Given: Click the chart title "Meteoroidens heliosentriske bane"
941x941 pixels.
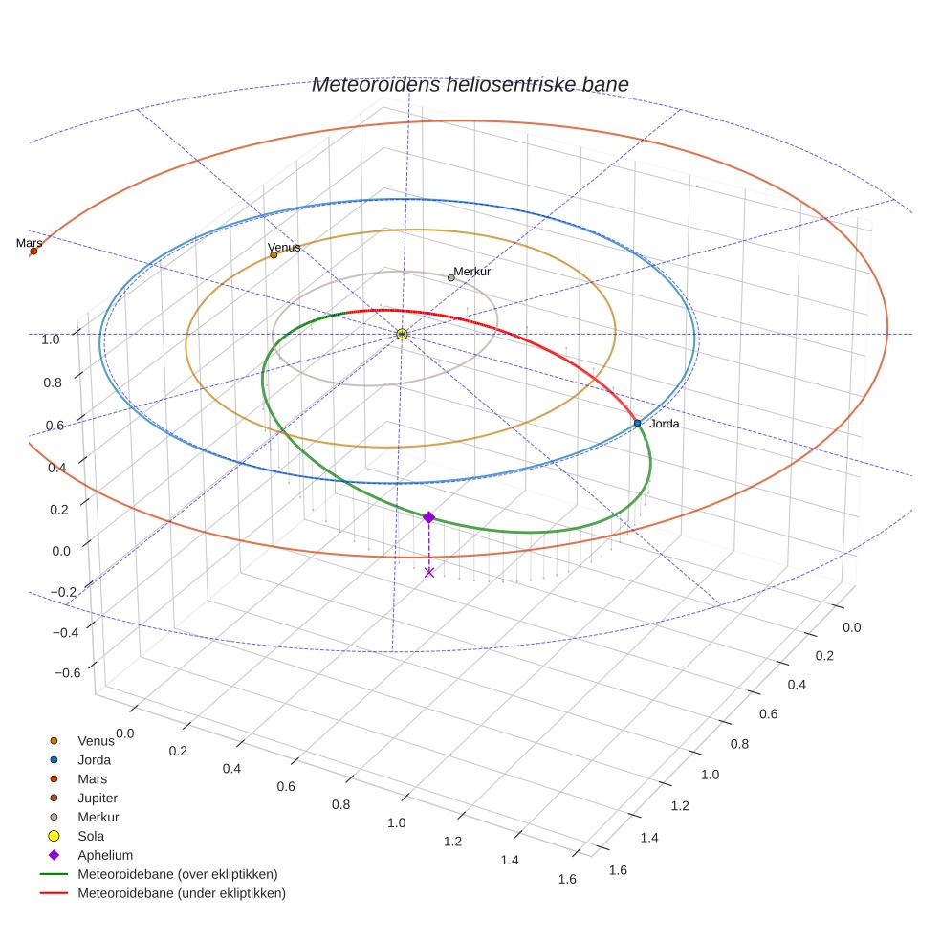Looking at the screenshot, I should coord(470,84).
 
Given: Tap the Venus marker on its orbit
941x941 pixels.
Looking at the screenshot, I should coord(274,254).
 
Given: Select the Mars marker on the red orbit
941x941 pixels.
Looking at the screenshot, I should coord(33,252).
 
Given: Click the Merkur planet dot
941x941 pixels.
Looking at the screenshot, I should coord(451,277).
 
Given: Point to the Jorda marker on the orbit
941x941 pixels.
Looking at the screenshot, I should coord(637,423).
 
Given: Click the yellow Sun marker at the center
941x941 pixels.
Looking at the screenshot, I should coord(402,334).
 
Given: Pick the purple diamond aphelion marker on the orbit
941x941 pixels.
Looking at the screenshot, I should coord(428,517).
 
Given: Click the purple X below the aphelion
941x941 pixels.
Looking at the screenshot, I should coord(429,572).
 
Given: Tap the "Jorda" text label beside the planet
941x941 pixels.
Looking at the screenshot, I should coord(664,424).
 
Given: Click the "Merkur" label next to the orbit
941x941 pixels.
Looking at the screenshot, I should coord(472,272).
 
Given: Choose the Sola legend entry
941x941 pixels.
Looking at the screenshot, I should coord(91,836).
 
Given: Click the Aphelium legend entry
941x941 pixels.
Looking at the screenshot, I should coord(105,855).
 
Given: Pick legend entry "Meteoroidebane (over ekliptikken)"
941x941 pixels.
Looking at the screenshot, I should coord(177,874).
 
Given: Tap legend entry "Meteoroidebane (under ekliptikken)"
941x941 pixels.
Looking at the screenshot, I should coord(181,893).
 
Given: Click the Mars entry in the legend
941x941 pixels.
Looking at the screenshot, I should coord(92,778).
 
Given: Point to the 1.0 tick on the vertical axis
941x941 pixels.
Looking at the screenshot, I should coord(51,339).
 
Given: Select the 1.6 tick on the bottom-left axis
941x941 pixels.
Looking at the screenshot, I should coord(566,880).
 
